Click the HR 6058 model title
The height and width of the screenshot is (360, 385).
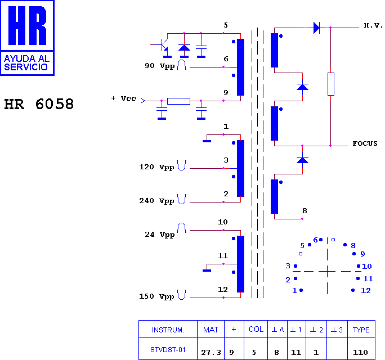pos(39,104)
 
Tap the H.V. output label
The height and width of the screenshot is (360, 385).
pos(373,25)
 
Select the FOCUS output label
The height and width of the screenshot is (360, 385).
pos(365,143)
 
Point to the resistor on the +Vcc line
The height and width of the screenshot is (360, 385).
pos(178,101)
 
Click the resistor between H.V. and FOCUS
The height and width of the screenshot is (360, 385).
pos(331,84)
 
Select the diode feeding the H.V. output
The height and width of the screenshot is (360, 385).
pos(316,28)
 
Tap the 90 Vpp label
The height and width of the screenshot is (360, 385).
pos(160,66)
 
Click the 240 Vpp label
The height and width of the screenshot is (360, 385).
pos(156,201)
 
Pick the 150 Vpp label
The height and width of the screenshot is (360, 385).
pos(156,296)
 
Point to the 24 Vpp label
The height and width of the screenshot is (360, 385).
pos(160,235)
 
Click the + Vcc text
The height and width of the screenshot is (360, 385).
pos(123,98)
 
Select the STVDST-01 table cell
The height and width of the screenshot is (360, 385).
pos(168,350)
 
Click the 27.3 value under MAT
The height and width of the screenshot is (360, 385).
pos(211,353)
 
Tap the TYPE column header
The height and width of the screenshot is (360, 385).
pos(361,330)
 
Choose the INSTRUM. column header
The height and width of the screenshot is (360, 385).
pos(168,330)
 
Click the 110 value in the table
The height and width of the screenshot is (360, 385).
pos(360,353)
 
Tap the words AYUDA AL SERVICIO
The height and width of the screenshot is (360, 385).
pos(27,63)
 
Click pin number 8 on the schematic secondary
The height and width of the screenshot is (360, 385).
pos(305,210)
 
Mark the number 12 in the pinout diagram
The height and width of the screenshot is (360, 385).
pos(366,291)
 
